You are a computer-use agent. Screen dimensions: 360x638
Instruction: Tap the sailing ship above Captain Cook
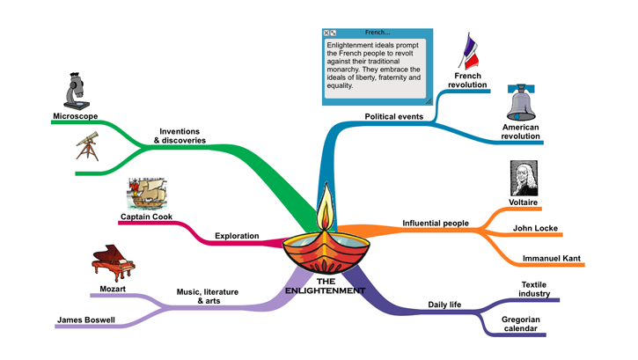tap(147, 194)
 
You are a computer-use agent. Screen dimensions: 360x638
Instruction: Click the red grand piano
tap(113, 263)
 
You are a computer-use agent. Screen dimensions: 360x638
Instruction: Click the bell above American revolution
tap(522, 104)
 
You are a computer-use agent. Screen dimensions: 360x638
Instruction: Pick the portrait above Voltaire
tap(524, 180)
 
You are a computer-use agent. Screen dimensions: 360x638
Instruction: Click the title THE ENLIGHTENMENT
tap(326, 286)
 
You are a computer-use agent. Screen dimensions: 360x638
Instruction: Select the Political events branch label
tap(393, 116)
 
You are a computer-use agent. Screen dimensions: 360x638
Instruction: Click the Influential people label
tap(435, 223)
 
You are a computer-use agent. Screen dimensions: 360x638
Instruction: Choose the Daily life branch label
tap(444, 305)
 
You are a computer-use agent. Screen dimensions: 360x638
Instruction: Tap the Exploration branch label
tap(237, 236)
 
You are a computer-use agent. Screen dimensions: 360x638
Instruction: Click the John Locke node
tap(535, 229)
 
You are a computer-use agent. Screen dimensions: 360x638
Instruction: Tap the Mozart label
tap(113, 289)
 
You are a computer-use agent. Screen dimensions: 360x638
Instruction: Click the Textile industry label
tap(534, 289)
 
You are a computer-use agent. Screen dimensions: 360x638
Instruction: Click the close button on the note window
tap(327, 33)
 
